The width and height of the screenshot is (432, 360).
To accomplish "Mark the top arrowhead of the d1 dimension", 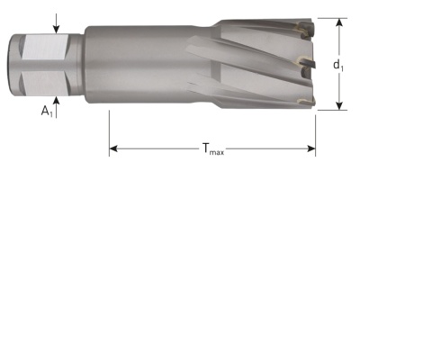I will tap(340, 22).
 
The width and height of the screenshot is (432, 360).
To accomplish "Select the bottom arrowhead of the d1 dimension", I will tap(340, 104).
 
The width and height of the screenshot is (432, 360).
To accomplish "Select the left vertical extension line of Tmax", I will tap(109, 130).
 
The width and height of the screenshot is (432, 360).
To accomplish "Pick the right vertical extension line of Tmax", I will tap(316, 130).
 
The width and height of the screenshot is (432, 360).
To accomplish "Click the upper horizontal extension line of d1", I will tap(328, 18).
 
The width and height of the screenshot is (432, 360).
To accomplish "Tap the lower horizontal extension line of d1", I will tap(328, 110).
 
